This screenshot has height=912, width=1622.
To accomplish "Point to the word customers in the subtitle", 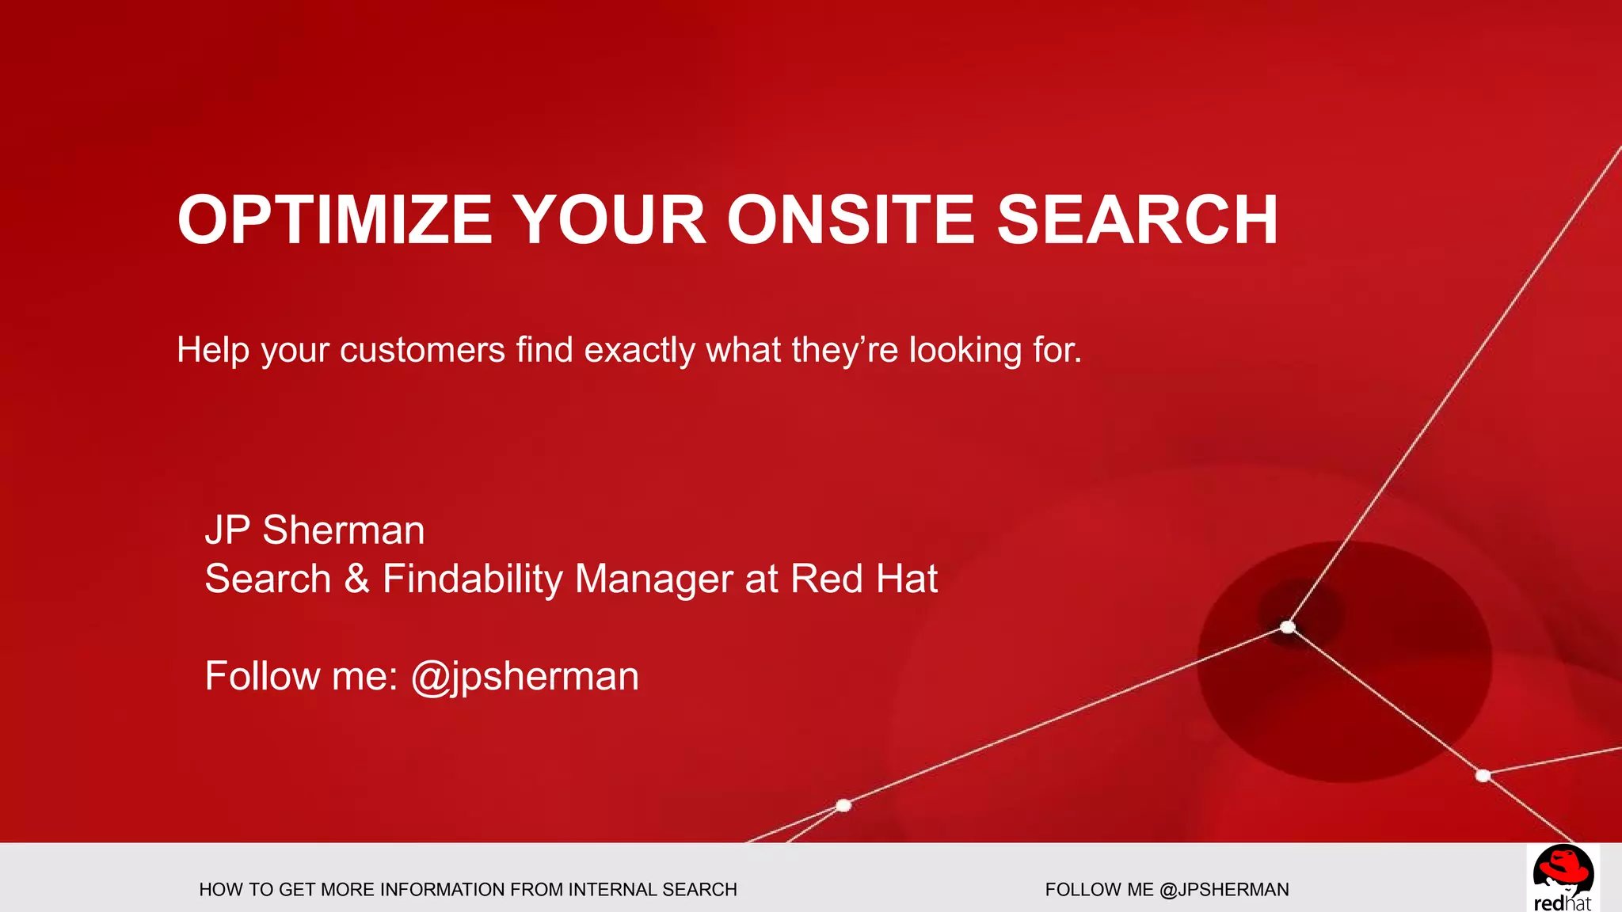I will (x=422, y=350).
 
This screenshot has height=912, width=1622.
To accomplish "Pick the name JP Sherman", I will (x=314, y=530).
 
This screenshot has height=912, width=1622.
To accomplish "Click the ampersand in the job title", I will (x=356, y=578).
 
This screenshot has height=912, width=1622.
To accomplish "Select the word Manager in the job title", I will (x=653, y=579).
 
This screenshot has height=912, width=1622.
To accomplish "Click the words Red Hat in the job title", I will (x=864, y=578).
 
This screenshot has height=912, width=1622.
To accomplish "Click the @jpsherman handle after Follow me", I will (x=524, y=677).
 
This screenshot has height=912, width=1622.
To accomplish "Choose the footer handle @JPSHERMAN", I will (x=1224, y=890).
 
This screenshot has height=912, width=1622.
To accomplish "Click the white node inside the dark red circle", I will (x=1288, y=627).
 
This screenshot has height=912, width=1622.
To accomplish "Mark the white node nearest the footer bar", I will (x=843, y=805).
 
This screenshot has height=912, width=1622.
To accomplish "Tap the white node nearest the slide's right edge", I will (x=1483, y=775).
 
